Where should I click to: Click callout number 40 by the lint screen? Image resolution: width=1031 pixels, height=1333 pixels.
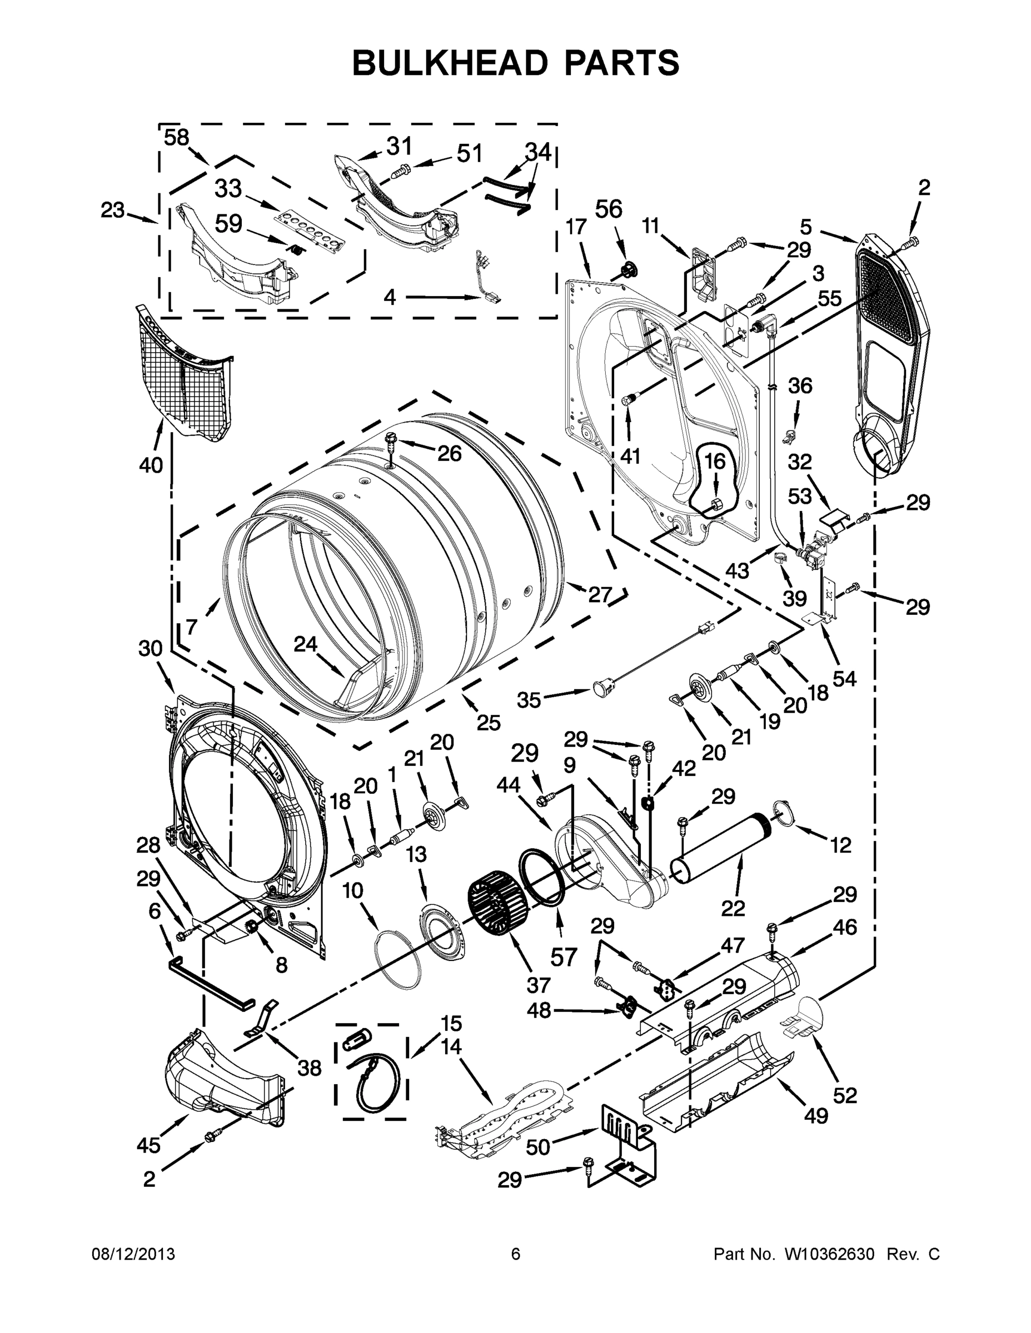click(150, 465)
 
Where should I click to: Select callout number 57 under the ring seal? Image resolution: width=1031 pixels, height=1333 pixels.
click(563, 956)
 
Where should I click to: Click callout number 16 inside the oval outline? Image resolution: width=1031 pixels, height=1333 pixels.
click(715, 462)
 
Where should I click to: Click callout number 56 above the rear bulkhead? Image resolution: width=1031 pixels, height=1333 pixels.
click(609, 209)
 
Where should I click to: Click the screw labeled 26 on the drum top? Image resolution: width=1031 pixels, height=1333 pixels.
click(391, 439)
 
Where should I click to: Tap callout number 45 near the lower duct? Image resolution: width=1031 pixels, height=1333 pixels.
click(148, 1146)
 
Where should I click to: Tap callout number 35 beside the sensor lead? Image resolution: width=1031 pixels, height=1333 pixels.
click(529, 699)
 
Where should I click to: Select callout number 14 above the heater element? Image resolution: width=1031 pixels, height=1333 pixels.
click(451, 1048)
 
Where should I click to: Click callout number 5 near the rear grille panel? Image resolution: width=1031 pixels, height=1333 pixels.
click(806, 227)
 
